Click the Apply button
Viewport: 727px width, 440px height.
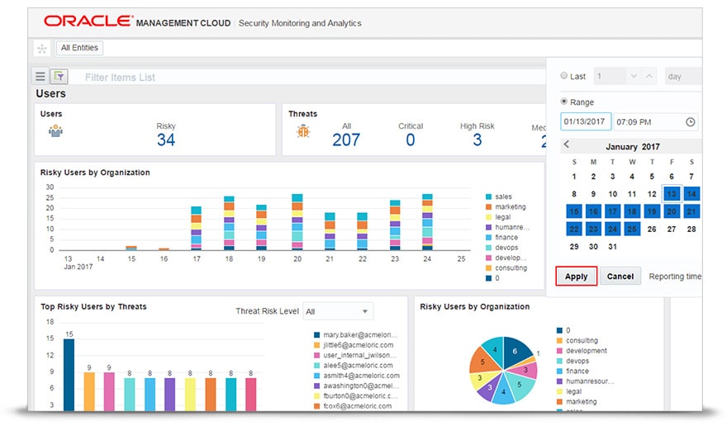point(576,277)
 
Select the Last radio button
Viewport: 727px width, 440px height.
point(564,76)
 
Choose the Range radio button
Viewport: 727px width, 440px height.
point(564,102)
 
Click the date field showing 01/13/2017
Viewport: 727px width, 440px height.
point(585,121)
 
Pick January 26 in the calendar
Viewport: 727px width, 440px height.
point(652,229)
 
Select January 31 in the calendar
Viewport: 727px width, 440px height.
point(612,247)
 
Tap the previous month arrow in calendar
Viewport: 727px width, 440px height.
point(567,145)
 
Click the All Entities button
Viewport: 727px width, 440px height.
point(79,48)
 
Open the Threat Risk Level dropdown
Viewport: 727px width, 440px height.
point(337,311)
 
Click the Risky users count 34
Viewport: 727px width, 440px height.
point(166,140)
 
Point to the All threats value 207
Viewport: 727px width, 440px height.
point(346,140)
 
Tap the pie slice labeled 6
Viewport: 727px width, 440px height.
point(515,351)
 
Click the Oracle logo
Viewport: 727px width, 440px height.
point(88,21)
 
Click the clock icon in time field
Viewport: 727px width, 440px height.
point(691,122)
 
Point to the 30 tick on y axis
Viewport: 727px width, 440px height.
point(50,187)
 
